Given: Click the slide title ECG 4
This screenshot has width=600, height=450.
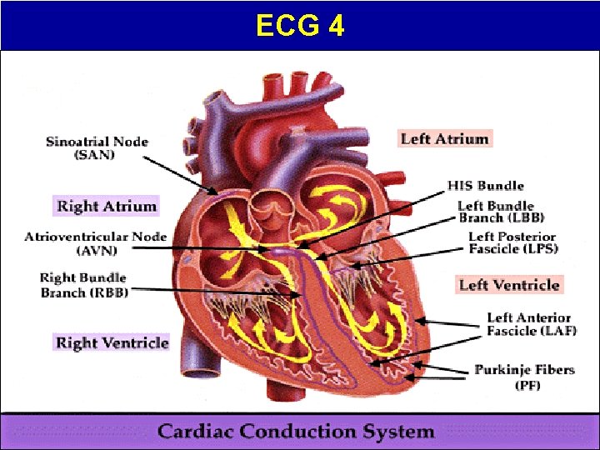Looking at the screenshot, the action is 300,27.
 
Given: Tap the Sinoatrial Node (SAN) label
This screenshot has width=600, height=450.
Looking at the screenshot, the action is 97,147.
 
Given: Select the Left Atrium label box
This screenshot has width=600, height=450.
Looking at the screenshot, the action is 444,138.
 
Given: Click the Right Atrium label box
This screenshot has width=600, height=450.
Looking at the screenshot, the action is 106,206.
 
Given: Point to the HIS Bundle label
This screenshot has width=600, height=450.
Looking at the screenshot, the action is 486,185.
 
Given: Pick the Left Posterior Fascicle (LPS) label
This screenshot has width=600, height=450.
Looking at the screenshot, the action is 512,242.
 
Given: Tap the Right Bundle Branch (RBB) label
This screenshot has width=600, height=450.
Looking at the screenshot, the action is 82,284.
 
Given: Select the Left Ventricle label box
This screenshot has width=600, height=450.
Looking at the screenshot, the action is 508,285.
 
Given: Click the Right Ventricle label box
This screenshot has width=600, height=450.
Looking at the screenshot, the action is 112,342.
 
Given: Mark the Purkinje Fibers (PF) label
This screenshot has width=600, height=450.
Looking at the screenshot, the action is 524,377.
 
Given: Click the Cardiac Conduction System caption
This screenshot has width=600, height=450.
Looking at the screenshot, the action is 296,432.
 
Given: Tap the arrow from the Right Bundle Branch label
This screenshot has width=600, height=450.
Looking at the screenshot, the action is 217,291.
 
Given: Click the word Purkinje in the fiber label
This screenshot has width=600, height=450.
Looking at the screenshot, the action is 502,370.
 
